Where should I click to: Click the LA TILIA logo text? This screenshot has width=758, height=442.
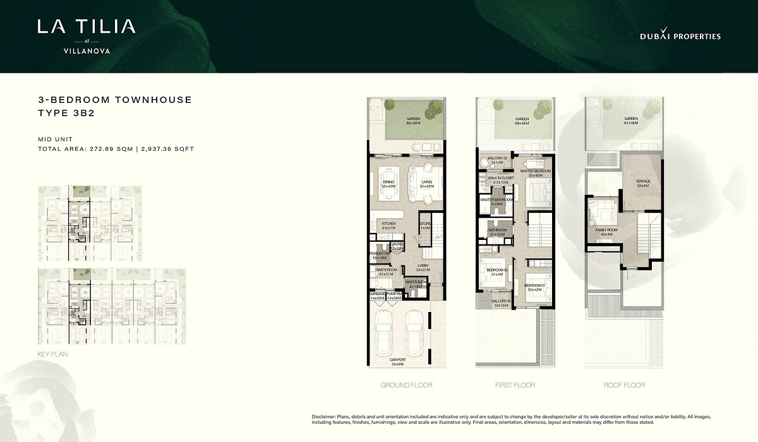[86, 27]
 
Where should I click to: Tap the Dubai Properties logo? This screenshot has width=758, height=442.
[680, 37]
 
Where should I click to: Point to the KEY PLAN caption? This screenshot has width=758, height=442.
[53, 354]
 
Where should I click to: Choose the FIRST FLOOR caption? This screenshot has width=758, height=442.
[514, 385]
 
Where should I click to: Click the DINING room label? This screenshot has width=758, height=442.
[388, 182]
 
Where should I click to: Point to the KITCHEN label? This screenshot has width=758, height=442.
[388, 224]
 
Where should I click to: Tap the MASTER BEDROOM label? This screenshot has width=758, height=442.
[535, 171]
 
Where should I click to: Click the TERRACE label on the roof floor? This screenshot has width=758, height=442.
[643, 182]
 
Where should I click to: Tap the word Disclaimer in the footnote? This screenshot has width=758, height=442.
[325, 417]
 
